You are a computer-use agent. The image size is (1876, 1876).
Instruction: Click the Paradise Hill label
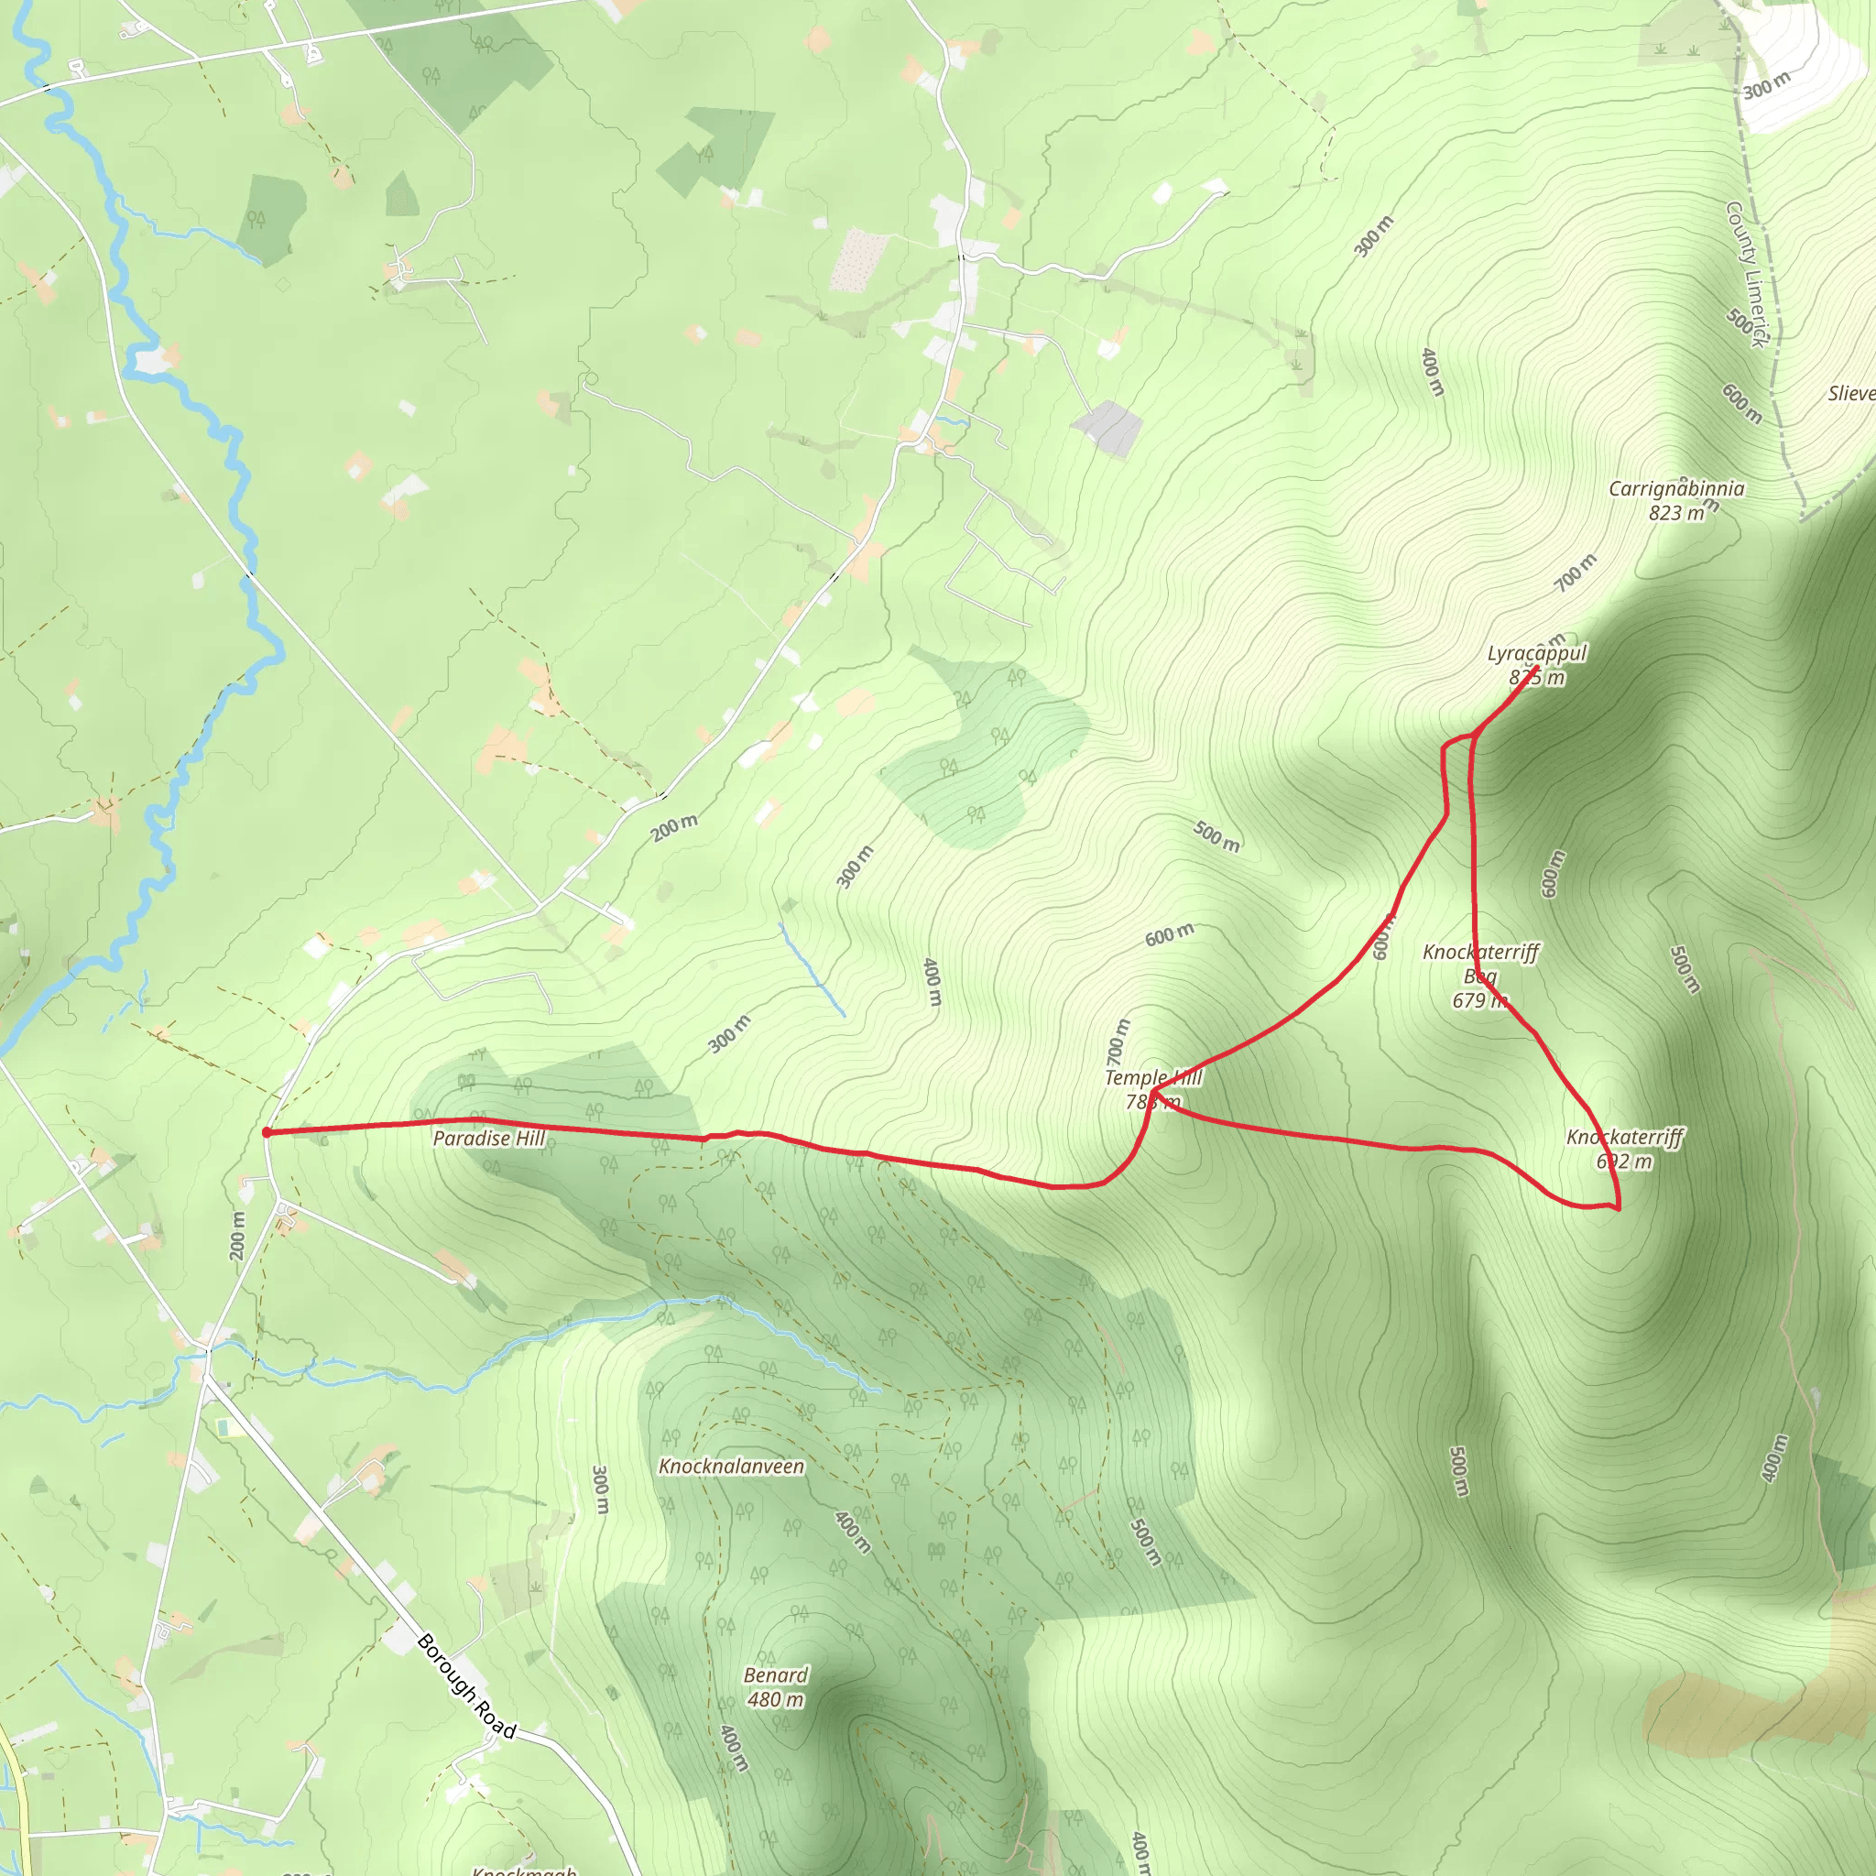(x=488, y=1138)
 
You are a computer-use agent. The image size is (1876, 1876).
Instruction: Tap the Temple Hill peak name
(x=1152, y=1077)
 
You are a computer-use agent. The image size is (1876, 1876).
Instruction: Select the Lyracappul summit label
(x=1536, y=653)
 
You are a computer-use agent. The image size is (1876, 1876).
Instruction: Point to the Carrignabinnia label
(x=1676, y=488)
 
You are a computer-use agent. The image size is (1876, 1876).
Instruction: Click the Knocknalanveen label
(x=731, y=1467)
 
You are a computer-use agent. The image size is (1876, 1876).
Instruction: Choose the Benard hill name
(x=775, y=1675)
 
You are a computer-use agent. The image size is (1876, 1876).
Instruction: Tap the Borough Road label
(x=466, y=1686)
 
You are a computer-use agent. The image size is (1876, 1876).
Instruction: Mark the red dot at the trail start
(x=266, y=1132)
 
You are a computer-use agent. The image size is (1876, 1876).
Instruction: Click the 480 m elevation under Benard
(x=775, y=1699)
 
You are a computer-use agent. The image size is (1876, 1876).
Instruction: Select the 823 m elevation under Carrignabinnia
(x=1676, y=513)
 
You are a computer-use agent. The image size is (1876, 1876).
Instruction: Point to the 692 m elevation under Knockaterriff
(x=1623, y=1162)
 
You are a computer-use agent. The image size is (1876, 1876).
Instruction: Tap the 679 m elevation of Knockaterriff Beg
(x=1478, y=1000)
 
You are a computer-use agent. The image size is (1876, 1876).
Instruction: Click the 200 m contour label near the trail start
(x=238, y=1235)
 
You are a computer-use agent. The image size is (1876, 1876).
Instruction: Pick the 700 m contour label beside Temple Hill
(x=1118, y=1041)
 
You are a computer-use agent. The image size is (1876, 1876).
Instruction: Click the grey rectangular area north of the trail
(x=1108, y=428)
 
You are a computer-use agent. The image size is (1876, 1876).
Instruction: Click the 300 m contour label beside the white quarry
(x=1766, y=85)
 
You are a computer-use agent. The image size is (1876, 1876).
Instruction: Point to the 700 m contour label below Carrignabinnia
(x=1575, y=573)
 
